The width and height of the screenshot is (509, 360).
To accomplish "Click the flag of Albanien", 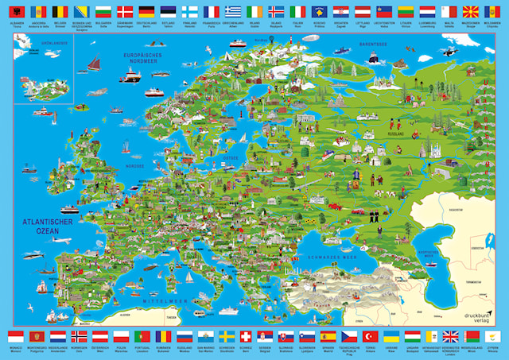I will (17, 12).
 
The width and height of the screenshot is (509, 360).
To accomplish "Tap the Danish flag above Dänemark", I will (125, 12).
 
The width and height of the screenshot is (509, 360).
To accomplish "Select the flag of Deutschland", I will (146, 12).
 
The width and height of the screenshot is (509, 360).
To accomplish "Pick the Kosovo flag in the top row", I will (319, 12).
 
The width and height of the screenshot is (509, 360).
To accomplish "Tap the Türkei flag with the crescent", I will (370, 336).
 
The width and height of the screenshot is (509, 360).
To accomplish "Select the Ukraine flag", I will (390, 336).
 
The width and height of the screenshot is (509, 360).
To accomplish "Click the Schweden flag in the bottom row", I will (226, 336).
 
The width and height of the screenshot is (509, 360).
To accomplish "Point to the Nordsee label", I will (133, 168).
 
